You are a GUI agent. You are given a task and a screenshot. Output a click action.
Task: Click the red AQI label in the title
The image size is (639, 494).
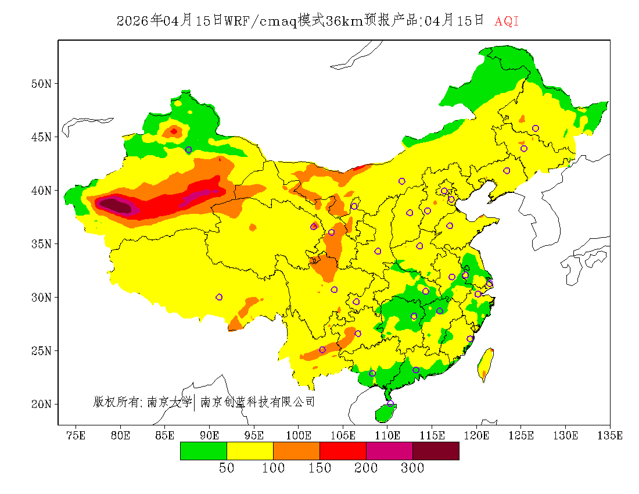[506, 22]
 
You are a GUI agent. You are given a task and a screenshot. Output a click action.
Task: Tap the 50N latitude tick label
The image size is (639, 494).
[41, 84]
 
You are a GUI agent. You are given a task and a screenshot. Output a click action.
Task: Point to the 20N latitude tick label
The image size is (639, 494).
[41, 404]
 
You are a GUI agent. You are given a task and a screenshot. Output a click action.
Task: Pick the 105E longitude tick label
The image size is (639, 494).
[343, 435]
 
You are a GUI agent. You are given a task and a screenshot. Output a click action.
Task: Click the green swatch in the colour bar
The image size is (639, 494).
[203, 450]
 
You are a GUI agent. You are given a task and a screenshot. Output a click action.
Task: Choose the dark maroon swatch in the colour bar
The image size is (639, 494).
[436, 450]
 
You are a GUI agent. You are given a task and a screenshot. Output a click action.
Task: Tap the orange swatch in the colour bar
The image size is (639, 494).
[296, 450]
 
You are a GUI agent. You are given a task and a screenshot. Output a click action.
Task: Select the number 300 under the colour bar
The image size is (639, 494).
[412, 468]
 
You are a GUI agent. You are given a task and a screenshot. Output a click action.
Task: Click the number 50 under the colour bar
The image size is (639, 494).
[227, 468]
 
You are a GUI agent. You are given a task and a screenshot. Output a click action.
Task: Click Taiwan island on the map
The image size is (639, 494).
[485, 363]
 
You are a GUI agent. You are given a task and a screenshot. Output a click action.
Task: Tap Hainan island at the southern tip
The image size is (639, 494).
[385, 413]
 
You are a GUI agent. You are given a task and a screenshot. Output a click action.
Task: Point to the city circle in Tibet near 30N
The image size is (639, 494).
[219, 297]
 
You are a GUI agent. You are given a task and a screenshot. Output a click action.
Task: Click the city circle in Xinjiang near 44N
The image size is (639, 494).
[188, 150]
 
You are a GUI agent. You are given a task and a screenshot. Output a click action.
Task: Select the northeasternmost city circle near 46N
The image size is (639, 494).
[536, 128]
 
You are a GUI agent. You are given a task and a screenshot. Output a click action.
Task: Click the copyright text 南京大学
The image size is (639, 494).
[169, 402]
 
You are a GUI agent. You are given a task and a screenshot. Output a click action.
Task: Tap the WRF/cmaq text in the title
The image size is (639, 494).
[261, 22]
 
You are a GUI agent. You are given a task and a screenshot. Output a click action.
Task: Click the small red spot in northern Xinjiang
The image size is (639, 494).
[174, 131]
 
